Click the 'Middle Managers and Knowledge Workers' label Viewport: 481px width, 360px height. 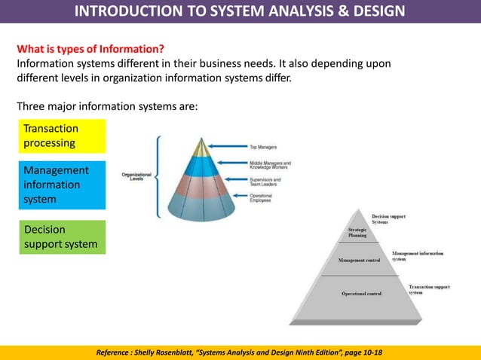270,164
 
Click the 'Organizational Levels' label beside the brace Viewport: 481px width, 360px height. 136,177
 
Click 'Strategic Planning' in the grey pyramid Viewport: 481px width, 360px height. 357,232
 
